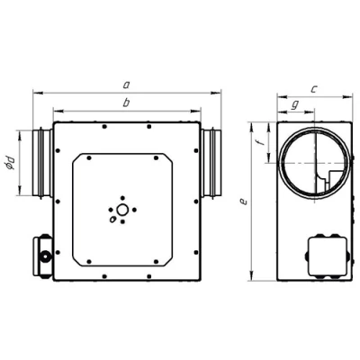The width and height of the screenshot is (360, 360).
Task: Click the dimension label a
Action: pyautogui.click(x=126, y=85)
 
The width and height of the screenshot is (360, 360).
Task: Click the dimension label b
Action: pyautogui.click(x=126, y=103)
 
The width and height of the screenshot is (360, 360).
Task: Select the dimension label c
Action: pyautogui.click(x=313, y=89)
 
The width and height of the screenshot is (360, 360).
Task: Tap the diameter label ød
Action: pyautogui.click(x=11, y=163)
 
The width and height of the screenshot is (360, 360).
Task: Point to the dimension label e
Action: pyautogui.click(x=244, y=202)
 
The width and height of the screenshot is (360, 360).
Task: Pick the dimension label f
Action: pyautogui.click(x=262, y=140)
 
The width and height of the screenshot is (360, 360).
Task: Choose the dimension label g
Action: pyautogui.click(x=295, y=104)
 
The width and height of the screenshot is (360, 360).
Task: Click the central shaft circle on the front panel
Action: pyautogui.click(x=121, y=210)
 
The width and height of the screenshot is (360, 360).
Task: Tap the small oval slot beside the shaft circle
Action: pyautogui.click(x=112, y=220)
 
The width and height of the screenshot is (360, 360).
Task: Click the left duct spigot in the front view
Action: pyautogui.click(x=42, y=163)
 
